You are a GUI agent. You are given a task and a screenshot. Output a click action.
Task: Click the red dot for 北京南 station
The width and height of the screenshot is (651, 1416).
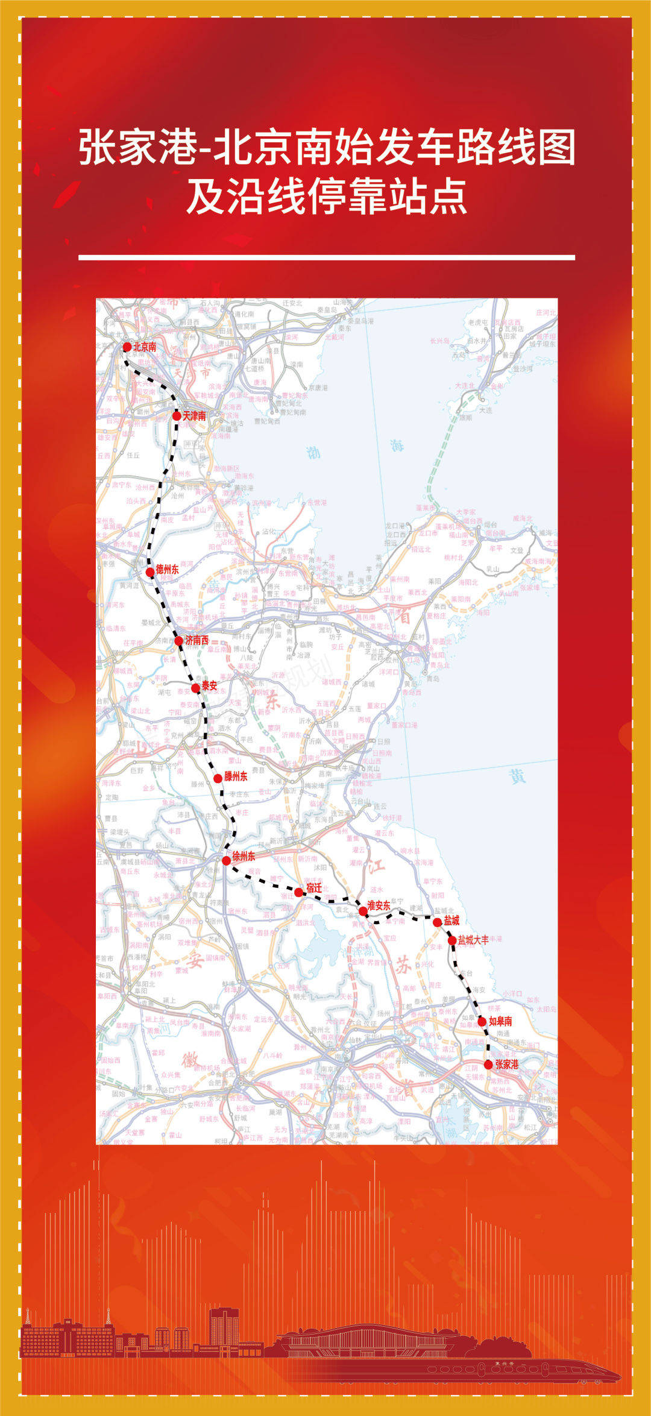click(x=127, y=347)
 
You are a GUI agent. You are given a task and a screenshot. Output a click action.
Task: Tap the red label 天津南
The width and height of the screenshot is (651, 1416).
click(x=194, y=416)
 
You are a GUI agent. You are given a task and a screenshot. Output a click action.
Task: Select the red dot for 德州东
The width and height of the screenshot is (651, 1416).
click(x=150, y=571)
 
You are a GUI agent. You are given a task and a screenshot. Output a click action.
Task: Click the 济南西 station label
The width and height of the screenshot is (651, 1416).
click(x=197, y=640)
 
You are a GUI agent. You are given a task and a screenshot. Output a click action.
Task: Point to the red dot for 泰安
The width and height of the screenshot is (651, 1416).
click(x=195, y=688)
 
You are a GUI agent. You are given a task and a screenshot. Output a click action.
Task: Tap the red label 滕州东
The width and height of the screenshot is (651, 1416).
click(x=236, y=776)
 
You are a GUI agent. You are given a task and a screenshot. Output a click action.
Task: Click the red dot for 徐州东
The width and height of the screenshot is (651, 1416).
click(x=226, y=860)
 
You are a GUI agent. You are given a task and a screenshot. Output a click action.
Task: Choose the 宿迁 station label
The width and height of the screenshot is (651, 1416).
click(x=314, y=888)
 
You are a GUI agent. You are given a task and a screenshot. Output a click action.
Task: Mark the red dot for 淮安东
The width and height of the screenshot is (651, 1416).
click(x=363, y=911)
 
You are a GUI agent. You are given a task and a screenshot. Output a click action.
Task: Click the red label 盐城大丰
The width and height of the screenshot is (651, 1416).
click(x=473, y=940)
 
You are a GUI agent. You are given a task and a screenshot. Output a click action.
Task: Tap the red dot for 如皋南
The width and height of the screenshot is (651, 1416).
click(x=482, y=1021)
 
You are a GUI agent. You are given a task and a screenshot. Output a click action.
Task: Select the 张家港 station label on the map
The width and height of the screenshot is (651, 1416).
click(x=507, y=1065)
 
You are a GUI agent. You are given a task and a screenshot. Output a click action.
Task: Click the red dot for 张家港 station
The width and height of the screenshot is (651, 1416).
click(x=488, y=1065)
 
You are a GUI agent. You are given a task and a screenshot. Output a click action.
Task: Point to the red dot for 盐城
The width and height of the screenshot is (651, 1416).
click(x=438, y=922)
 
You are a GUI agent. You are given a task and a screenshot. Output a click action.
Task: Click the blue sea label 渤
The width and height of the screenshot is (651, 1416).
click(x=313, y=452)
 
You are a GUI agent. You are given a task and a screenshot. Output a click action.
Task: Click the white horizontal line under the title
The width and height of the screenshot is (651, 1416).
click(x=326, y=257)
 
